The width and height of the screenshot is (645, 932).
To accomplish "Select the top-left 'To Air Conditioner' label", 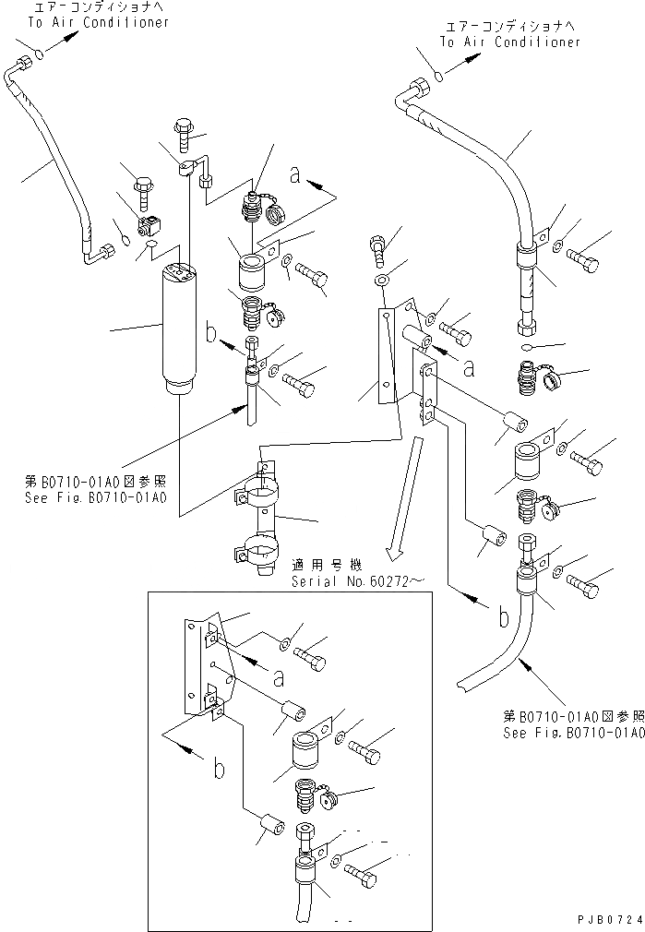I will click(x=98, y=22).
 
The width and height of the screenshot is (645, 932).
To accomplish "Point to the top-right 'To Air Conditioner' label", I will click(x=509, y=42).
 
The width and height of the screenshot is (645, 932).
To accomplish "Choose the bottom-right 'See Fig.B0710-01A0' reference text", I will click(x=572, y=734).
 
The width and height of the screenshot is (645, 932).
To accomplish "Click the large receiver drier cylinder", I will click(x=181, y=328).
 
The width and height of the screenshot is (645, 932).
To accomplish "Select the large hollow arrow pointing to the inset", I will click(x=406, y=498).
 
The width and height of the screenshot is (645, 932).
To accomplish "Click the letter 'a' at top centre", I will click(x=294, y=173).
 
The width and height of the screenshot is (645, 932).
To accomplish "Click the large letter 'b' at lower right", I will click(x=503, y=616).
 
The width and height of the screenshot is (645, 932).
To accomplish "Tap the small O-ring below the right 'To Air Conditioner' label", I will click(x=440, y=76).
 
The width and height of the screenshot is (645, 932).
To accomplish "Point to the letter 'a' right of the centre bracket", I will click(x=470, y=367).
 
